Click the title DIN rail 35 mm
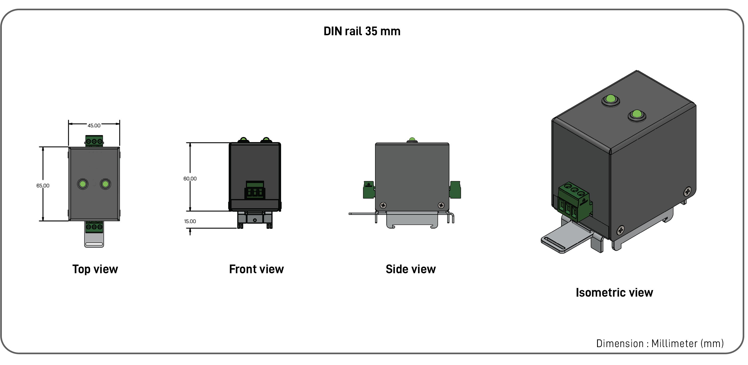click(362, 31)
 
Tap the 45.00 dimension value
click(94, 126)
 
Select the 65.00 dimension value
click(43, 186)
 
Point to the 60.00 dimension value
click(190, 179)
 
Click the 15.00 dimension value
click(190, 221)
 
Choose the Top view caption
click(95, 269)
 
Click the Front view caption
click(256, 269)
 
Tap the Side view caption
click(410, 269)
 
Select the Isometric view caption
click(614, 293)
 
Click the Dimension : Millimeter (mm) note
click(660, 343)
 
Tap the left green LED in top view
click(83, 184)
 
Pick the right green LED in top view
click(106, 184)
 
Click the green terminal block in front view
click(255, 190)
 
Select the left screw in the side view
click(383, 206)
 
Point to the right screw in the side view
click(441, 206)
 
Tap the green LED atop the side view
click(412, 140)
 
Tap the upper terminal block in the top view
click(94, 141)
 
